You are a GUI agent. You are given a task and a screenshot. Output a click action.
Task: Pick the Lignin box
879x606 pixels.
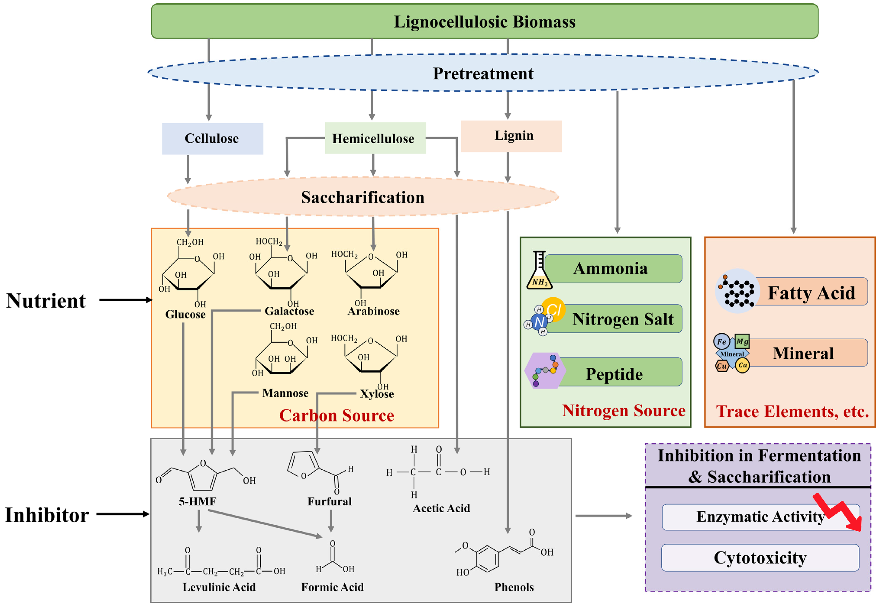click(511, 136)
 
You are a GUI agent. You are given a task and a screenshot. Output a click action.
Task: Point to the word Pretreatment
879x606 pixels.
click(483, 74)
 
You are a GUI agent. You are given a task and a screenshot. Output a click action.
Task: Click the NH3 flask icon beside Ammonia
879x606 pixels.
click(539, 271)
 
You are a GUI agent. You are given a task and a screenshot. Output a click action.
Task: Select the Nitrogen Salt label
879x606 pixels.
click(622, 319)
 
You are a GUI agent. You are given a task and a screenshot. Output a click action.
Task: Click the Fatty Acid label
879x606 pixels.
click(811, 293)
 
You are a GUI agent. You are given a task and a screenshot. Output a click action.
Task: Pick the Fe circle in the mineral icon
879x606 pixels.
click(721, 341)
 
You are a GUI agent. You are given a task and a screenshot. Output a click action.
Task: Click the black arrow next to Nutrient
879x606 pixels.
click(125, 300)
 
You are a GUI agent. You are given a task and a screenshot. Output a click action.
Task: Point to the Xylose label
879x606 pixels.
click(377, 394)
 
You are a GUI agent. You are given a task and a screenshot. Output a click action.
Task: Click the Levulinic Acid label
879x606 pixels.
click(219, 587)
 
